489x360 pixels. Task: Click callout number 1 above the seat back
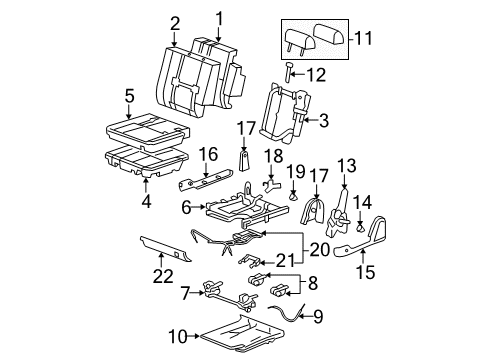[x=219, y=15]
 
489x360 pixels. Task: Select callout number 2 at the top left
[x=175, y=22]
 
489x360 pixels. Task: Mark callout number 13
[x=346, y=164]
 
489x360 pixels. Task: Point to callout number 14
[x=363, y=200]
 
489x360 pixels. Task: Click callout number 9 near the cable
[x=318, y=319]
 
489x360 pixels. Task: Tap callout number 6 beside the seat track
[x=186, y=209]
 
